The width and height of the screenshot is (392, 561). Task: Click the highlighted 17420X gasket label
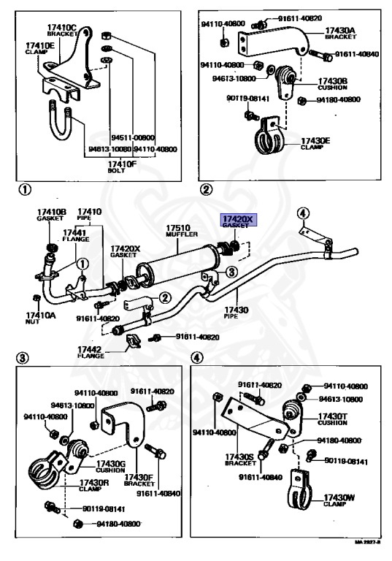click(238, 221)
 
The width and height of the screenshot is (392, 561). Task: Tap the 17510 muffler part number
click(178, 228)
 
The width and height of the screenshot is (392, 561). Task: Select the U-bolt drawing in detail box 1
click(61, 123)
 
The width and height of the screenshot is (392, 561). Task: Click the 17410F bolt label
click(122, 167)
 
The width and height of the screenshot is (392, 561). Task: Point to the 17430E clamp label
click(315, 143)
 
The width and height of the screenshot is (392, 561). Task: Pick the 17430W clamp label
click(339, 500)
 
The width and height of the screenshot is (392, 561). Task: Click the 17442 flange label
click(91, 352)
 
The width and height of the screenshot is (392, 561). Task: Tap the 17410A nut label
click(40, 318)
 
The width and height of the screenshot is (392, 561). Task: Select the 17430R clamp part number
click(93, 483)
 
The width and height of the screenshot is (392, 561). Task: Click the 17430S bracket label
click(240, 459)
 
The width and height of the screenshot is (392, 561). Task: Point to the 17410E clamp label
click(39, 48)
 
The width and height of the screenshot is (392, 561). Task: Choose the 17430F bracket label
click(139, 480)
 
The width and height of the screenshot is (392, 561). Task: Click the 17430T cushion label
click(332, 419)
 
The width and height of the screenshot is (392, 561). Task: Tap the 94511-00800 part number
click(133, 137)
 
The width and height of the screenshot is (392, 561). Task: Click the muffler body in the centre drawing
click(177, 265)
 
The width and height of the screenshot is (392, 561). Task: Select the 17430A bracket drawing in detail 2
click(274, 44)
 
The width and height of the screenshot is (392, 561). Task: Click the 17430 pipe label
click(236, 313)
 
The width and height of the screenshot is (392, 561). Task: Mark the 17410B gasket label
click(52, 215)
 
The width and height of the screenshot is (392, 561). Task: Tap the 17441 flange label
click(75, 236)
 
